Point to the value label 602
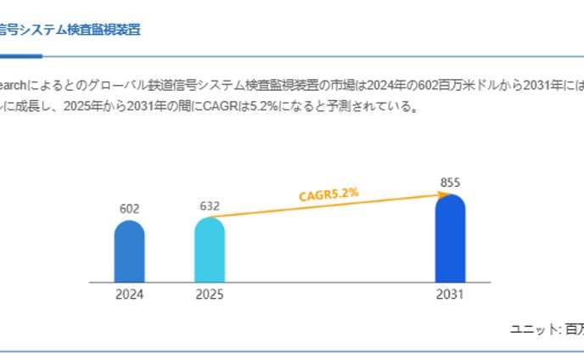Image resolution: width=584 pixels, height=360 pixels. [x=129, y=209]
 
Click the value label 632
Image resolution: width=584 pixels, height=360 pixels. [x=209, y=206]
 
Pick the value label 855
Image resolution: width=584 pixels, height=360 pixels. [x=450, y=183]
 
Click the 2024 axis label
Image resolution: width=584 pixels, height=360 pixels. [x=129, y=295]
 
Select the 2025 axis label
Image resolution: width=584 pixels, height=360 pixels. [x=209, y=295]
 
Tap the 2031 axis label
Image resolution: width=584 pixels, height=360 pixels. [x=450, y=295]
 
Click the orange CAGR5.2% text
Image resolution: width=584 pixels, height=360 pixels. [x=328, y=194]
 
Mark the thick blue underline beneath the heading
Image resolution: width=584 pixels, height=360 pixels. [x=20, y=56]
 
